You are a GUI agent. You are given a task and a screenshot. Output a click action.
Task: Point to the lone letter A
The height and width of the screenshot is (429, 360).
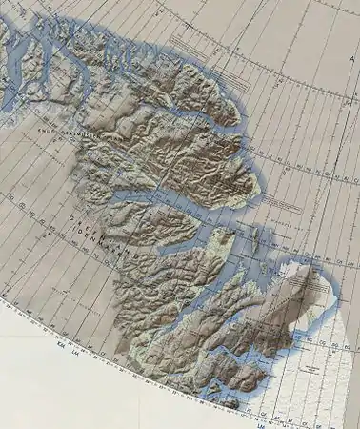coord(351,59)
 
